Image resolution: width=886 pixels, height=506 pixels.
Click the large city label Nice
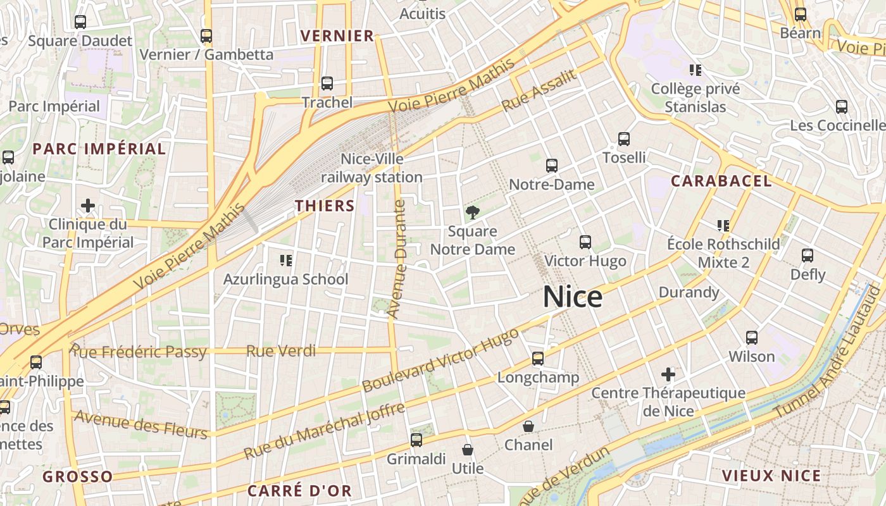pos(573,297)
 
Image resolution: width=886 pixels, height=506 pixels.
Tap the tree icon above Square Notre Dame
pos(472,212)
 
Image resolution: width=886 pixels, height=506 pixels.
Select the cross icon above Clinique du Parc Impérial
pos(88,206)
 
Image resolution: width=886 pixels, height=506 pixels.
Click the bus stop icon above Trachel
pos(327,83)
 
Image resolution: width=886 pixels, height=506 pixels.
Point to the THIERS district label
pos(325,206)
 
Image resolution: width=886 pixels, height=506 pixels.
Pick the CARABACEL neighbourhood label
pos(721,181)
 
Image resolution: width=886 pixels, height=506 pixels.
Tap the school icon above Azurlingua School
pos(285,260)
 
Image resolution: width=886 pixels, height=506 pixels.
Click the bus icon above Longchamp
pos(538,359)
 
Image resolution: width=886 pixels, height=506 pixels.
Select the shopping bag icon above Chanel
pos(528,426)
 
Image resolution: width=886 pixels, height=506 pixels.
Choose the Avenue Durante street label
pos(397,259)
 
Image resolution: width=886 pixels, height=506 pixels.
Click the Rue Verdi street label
pos(281,351)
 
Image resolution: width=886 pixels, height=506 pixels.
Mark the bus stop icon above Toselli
pos(624,139)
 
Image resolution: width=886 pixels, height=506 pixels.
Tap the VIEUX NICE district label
pos(771,476)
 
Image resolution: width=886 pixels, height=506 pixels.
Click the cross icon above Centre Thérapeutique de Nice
pos(668,374)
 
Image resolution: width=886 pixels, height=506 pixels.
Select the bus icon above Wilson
pos(752,338)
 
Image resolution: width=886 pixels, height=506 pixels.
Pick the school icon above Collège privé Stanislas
pos(696,70)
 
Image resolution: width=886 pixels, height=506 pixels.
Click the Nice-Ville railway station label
pos(371,168)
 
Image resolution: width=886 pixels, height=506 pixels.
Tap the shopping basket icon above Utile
pos(468,450)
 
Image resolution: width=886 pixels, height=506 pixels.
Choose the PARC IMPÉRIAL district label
pos(99,149)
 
